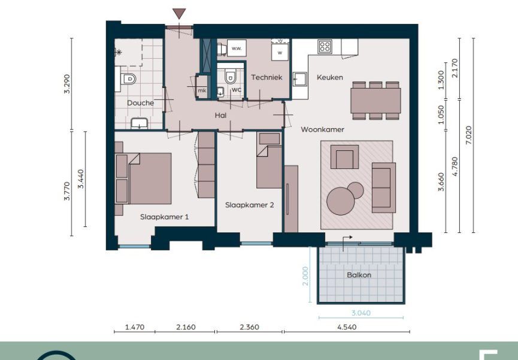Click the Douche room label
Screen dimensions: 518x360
(x=140, y=103)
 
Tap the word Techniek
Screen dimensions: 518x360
(x=266, y=77)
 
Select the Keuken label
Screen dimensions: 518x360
(x=330, y=77)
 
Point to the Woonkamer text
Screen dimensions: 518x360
(x=322, y=129)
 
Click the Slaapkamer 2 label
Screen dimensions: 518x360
(x=250, y=205)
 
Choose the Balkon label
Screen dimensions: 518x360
(x=359, y=275)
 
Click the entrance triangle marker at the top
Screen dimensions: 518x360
(x=179, y=14)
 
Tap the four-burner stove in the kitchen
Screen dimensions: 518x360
(x=325, y=46)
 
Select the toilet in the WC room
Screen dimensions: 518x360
(x=231, y=77)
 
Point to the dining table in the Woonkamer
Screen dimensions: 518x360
(x=375, y=101)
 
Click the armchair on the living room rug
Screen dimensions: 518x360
(x=344, y=157)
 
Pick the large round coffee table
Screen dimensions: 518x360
(x=341, y=201)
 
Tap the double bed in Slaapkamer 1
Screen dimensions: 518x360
(x=143, y=179)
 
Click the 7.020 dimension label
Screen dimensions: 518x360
(x=469, y=135)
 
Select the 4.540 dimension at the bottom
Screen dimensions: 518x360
(x=347, y=327)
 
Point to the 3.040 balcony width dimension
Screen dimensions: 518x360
(x=361, y=313)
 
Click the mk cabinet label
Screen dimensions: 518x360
(x=202, y=90)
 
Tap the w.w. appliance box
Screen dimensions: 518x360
(x=237, y=49)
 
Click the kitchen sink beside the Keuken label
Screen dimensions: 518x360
(x=300, y=79)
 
